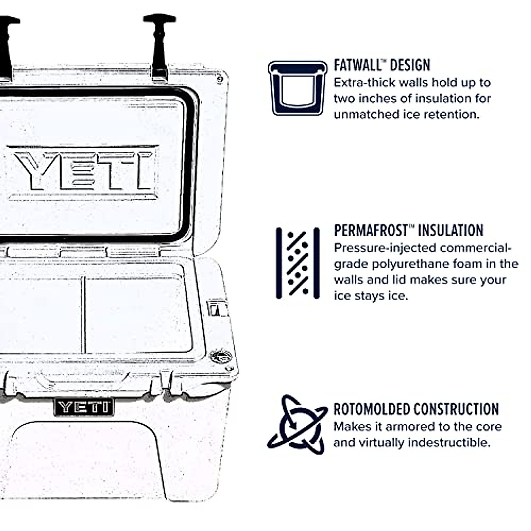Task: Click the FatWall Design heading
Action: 381,65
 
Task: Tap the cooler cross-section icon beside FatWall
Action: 297,88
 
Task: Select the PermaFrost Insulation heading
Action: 408,231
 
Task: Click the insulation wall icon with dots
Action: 297,263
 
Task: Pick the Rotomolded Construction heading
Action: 416,409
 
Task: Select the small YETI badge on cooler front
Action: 84,407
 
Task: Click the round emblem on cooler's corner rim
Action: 220,355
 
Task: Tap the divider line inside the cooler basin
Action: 83,315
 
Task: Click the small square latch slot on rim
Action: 216,309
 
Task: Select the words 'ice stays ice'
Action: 370,296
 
